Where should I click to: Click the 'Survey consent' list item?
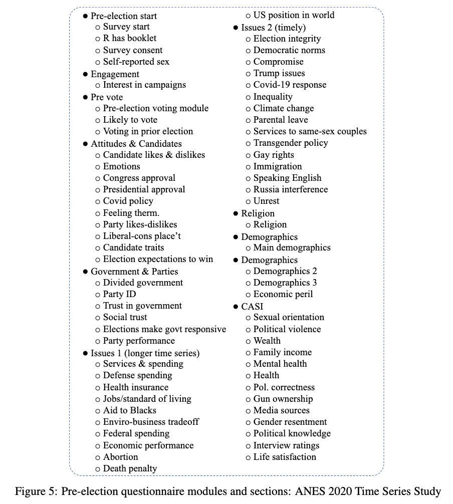tap(132, 50)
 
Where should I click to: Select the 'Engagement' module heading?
tap(115, 74)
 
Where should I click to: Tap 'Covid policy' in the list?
tap(128, 201)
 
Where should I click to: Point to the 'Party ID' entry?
tap(119, 294)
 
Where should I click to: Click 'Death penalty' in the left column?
tap(130, 468)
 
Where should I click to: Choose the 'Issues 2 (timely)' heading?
tap(273, 28)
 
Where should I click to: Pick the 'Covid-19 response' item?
tap(290, 85)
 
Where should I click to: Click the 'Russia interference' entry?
tap(291, 189)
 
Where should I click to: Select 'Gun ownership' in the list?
tap(283, 399)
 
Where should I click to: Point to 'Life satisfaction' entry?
tap(285, 457)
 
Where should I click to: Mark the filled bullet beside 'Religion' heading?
tap(236, 213)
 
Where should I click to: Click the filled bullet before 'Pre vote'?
tap(86, 97)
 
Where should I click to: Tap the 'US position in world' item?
tap(294, 15)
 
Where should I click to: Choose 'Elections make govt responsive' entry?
tap(164, 329)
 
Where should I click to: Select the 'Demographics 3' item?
tap(285, 283)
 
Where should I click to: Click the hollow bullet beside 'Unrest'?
tap(249, 201)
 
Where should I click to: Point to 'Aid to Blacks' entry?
tap(129, 410)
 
